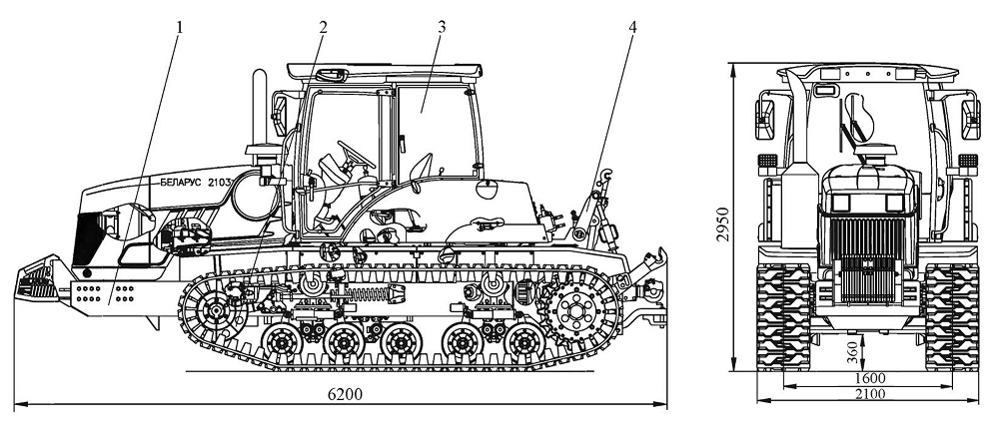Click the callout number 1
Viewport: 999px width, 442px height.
180,27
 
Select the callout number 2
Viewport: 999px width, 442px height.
323,27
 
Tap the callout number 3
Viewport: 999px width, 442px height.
442,27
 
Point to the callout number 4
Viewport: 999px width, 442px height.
632,27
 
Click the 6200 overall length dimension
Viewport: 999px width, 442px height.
345,394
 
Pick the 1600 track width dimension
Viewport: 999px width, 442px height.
870,378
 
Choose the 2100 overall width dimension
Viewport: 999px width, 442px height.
870,394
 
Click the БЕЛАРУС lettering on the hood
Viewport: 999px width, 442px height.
180,182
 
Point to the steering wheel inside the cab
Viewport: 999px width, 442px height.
357,155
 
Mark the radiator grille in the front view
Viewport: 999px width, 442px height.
868,259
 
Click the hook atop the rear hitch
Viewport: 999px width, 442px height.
606,173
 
